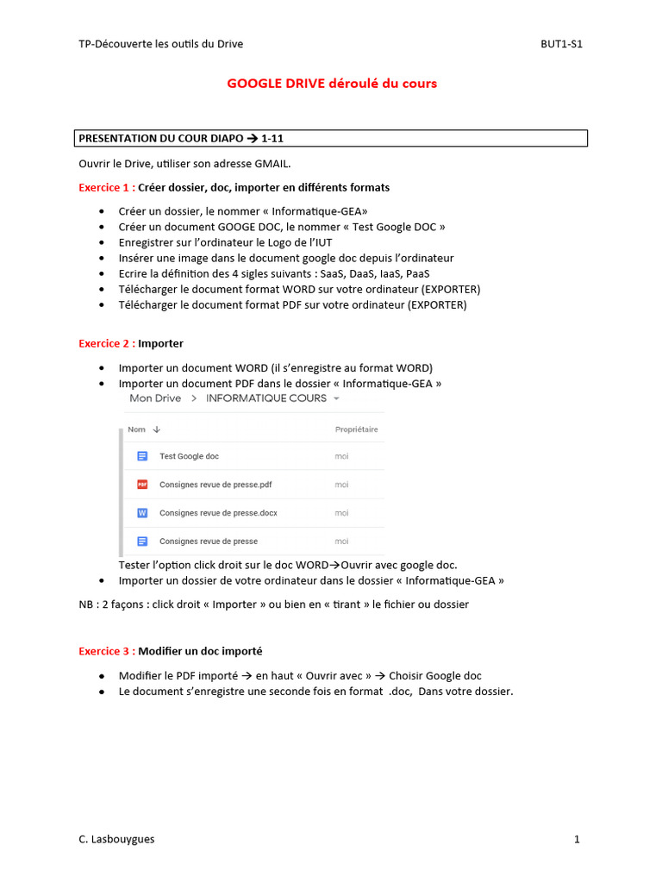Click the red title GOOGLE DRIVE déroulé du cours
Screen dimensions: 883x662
[x=332, y=84]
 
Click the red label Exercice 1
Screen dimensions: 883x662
[x=106, y=187]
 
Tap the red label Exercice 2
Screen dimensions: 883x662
[x=106, y=343]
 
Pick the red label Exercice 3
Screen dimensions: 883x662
[x=106, y=651]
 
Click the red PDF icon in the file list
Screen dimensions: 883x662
[x=142, y=485]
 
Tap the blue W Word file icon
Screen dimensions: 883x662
[x=142, y=513]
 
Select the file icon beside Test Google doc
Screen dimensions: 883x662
[x=142, y=456]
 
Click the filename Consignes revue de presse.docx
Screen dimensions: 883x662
[x=218, y=513]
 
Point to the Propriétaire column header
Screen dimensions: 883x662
[x=356, y=429]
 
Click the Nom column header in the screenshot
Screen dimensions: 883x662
[x=136, y=429]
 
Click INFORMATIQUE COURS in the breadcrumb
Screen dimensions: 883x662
[x=266, y=398]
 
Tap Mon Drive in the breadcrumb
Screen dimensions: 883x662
[x=155, y=398]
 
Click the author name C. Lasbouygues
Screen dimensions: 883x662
[x=116, y=839]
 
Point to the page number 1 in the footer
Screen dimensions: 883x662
[x=577, y=839]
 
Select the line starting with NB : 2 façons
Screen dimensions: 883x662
[x=273, y=604]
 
